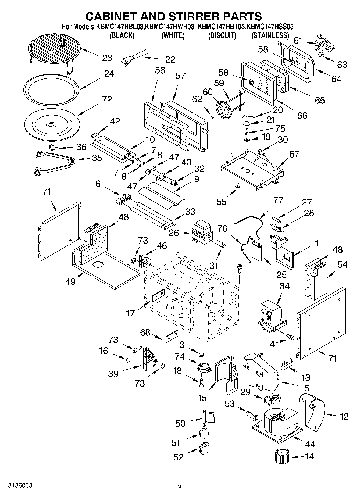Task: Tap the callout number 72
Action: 107,99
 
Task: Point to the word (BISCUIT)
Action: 222,35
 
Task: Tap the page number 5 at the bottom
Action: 180,485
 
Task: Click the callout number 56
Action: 160,70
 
